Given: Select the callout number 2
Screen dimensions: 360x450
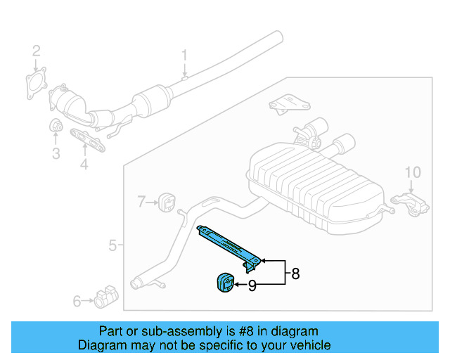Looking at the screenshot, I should pyautogui.click(x=36, y=51).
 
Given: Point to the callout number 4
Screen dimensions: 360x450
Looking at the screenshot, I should pyautogui.click(x=84, y=165).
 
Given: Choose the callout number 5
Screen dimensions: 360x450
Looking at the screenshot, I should pyautogui.click(x=112, y=245).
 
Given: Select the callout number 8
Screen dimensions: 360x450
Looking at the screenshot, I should pyautogui.click(x=295, y=274).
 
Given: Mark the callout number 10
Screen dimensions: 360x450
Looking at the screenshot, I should pyautogui.click(x=412, y=172).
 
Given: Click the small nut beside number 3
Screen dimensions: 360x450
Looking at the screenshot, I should pyautogui.click(x=56, y=127).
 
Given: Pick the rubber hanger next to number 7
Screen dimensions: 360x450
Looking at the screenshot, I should pyautogui.click(x=167, y=202).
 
